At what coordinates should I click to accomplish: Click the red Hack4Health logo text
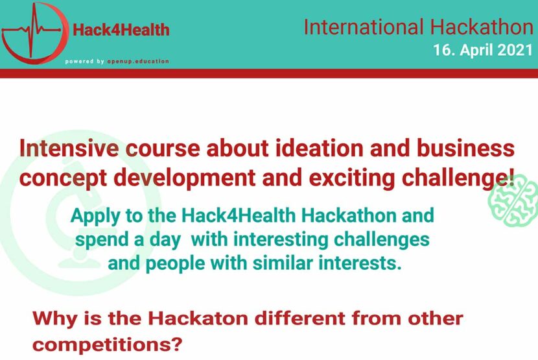tap(121, 30)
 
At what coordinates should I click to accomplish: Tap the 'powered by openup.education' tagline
tap(117, 62)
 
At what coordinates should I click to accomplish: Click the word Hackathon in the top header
tap(482, 27)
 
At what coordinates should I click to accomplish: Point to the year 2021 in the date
tap(515, 50)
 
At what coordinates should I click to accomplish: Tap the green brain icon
tap(513, 200)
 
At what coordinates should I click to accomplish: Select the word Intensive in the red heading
tap(69, 148)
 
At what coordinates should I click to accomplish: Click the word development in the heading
tap(185, 178)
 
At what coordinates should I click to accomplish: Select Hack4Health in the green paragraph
tap(239, 216)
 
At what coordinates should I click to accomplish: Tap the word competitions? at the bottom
tap(107, 344)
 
